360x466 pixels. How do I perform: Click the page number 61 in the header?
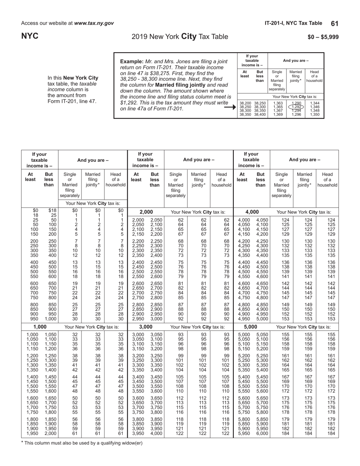[335, 23]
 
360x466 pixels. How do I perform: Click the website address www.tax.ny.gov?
[94, 23]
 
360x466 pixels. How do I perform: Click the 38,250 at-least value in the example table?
[246, 107]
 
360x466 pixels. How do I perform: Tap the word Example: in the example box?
[131, 61]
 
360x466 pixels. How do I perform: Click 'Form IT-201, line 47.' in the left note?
[72, 102]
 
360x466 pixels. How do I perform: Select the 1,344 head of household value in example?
[315, 103]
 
